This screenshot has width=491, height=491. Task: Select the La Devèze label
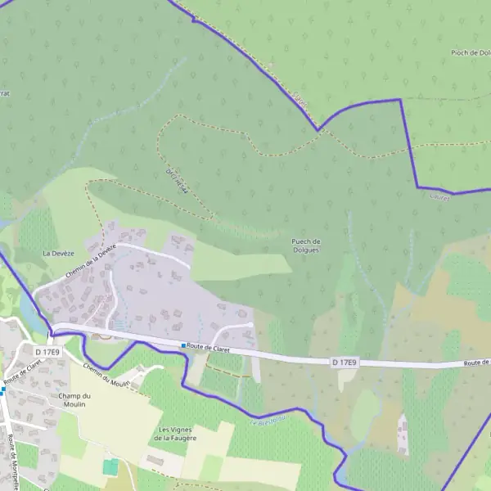58,254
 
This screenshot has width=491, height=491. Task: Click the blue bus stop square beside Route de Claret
183,346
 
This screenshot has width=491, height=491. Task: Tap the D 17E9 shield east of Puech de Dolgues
347,361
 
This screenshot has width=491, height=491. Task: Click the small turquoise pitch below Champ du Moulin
110,466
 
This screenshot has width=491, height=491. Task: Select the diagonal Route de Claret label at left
22,370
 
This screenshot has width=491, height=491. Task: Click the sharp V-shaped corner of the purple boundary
318,130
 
